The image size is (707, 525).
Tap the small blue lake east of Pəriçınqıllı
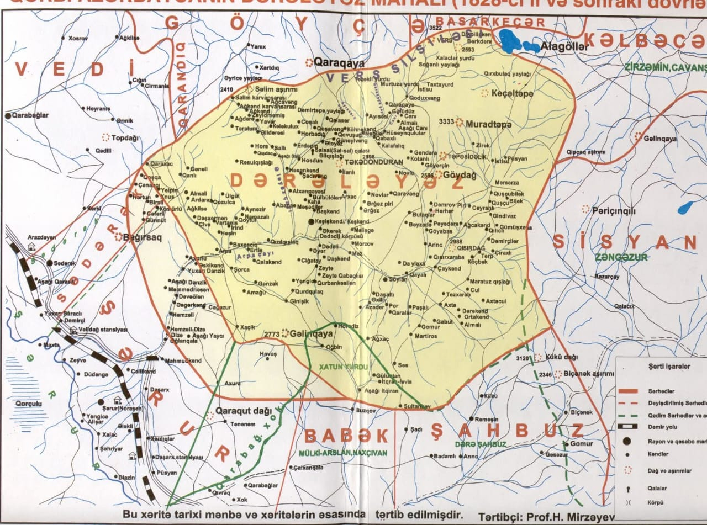pos(685,208)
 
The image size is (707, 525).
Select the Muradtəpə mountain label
pos(489,124)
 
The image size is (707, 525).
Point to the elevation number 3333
pos(446,121)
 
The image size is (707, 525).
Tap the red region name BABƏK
pos(346,436)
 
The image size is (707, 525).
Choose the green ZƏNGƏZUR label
pos(622,257)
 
